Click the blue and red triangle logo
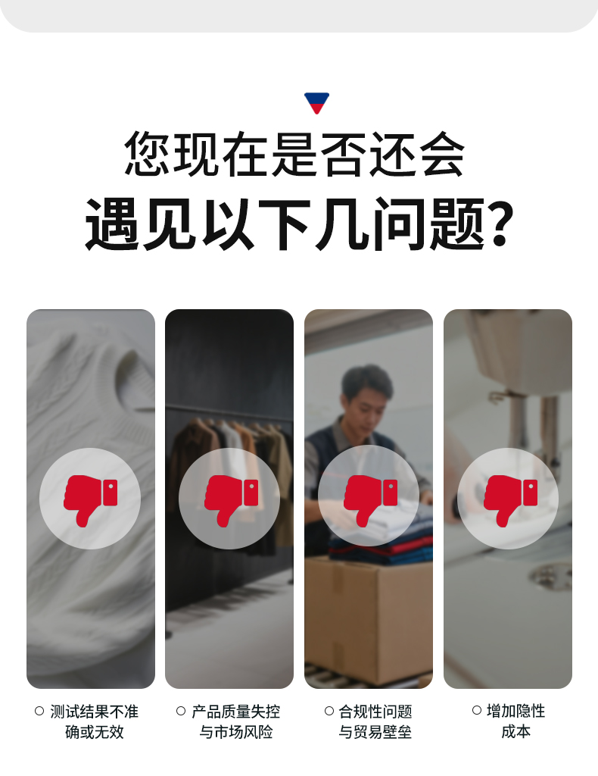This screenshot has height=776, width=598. coord(316,102)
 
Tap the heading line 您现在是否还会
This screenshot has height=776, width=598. coord(294,154)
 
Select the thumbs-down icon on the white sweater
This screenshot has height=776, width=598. coord(90,499)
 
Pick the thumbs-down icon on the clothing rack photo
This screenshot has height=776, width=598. coord(229,499)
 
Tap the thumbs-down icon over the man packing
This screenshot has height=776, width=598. coord(369,499)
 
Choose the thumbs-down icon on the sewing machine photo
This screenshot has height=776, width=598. coord(508,499)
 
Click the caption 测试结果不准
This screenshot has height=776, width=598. coord(94,712)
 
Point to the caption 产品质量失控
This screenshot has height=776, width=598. coord(235,712)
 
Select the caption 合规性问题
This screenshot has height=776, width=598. coord(375,712)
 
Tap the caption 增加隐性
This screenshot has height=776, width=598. coord(515,711)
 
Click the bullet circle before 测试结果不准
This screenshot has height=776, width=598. coord(39,711)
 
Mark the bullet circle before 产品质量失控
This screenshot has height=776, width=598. coord(181,711)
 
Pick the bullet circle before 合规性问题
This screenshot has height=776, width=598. coord(329,711)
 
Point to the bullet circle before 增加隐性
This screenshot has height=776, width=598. coord(477,710)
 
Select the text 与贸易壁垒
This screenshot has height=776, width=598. coord(375,732)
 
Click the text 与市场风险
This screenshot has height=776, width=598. coord(235,732)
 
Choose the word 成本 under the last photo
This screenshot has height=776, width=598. coord(515,731)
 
